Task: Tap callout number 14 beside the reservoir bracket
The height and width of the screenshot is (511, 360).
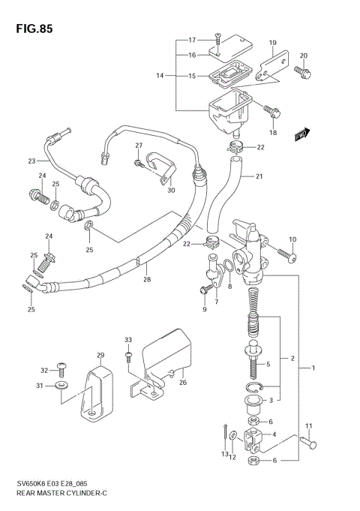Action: [160, 76]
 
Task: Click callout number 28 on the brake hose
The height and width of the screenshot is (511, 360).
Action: [146, 280]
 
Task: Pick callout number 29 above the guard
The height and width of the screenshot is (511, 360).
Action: [100, 354]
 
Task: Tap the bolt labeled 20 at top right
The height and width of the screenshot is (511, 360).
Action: [303, 73]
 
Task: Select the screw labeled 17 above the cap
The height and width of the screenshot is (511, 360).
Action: [217, 35]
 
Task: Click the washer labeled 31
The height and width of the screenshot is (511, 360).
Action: [61, 386]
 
